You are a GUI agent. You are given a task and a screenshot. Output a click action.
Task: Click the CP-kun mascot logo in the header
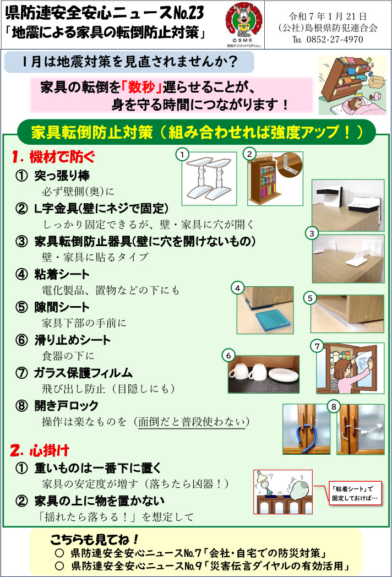244,23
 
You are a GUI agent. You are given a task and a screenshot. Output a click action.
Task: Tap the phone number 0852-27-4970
335,40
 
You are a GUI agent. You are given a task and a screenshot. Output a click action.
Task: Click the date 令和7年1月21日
328,16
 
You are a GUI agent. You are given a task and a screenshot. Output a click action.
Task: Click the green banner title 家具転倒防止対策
92,132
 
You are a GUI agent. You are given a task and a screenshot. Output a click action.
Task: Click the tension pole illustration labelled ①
209,178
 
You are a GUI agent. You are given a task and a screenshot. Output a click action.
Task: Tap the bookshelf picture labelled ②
275,178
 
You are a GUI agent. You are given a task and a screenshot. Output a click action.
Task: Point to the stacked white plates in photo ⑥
283,375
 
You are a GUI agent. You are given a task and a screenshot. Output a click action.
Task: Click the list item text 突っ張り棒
62,176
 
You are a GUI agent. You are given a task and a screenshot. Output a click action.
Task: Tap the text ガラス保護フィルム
83,373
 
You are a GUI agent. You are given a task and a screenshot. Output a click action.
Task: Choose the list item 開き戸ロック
66,406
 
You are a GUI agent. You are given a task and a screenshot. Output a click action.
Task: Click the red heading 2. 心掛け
40,450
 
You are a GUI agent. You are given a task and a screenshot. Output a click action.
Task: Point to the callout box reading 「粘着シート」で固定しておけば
355,493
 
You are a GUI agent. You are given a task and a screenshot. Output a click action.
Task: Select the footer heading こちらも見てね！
94,539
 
